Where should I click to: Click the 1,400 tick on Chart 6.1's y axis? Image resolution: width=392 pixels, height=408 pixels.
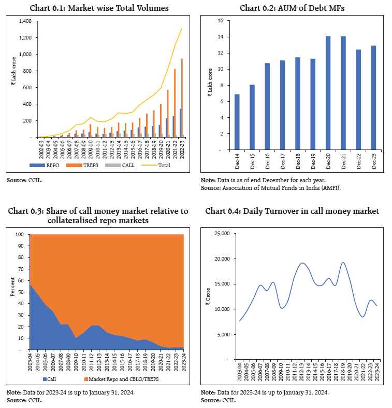click(x=24, y=21)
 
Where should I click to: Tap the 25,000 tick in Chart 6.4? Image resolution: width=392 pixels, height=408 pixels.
click(x=221, y=234)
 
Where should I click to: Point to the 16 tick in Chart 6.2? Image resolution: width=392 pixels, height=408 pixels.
click(x=220, y=21)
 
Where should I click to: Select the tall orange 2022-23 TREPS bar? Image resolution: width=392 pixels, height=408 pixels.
click(x=182, y=98)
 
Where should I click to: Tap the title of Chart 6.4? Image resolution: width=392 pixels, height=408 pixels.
click(x=292, y=211)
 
